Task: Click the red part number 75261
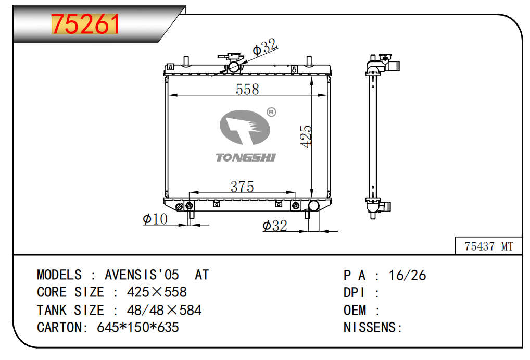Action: [x=85, y=23]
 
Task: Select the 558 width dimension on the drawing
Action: [x=247, y=89]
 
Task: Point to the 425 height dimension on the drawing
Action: [x=306, y=136]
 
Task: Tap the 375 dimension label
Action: [x=242, y=187]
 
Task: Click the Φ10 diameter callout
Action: [x=155, y=219]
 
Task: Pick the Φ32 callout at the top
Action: [x=266, y=46]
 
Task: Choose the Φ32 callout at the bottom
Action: [x=275, y=226]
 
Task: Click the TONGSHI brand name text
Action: [x=246, y=157]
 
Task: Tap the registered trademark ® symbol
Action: [x=271, y=112]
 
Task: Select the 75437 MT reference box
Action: [x=488, y=246]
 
